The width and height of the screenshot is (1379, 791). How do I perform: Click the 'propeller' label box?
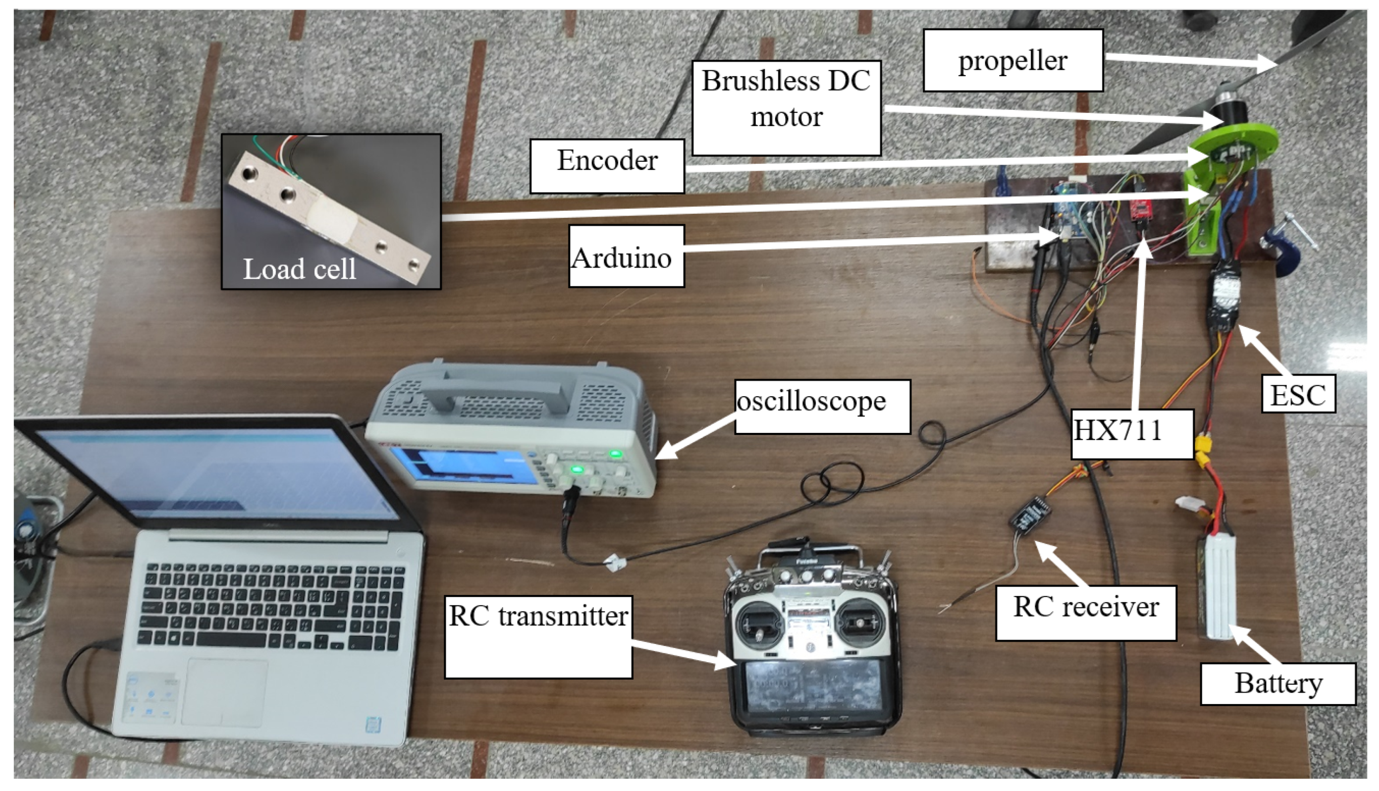click(1012, 60)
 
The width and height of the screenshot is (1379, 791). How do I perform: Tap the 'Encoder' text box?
click(607, 166)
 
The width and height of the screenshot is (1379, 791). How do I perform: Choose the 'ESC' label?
click(1298, 394)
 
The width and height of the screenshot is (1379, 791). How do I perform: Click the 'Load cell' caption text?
click(299, 268)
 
